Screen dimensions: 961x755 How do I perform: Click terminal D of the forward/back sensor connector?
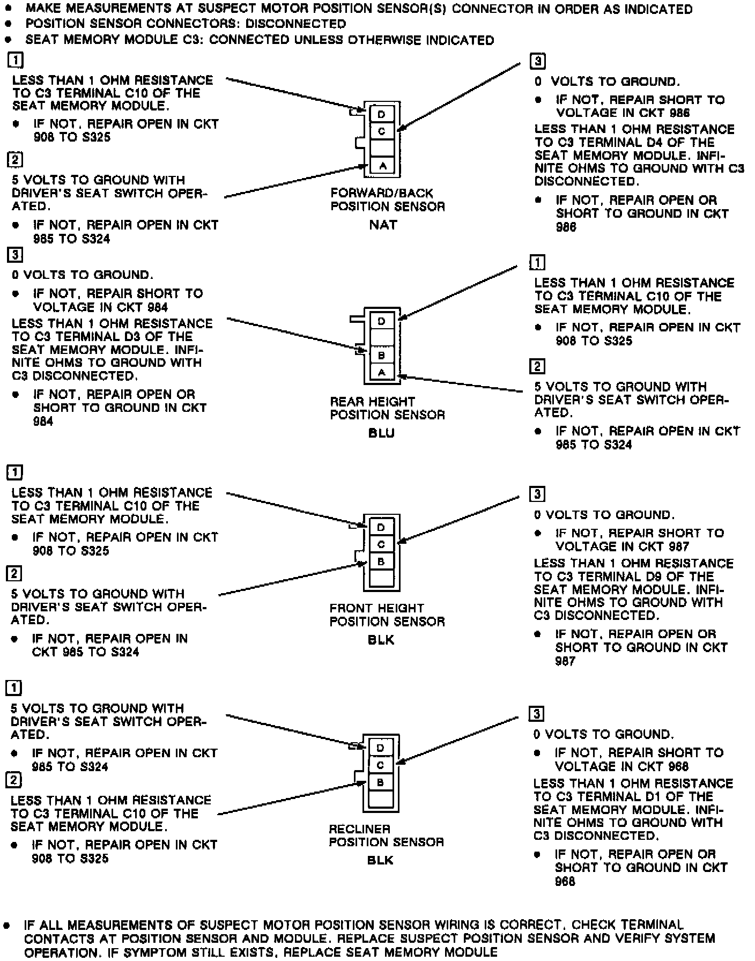[382, 114]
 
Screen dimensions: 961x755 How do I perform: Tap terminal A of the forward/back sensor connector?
[382, 166]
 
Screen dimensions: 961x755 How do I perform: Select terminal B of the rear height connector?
[382, 355]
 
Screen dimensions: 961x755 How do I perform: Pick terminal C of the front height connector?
[381, 544]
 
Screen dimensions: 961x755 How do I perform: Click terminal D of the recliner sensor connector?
[381, 748]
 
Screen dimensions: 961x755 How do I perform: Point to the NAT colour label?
[383, 225]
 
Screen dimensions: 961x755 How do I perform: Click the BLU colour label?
[382, 433]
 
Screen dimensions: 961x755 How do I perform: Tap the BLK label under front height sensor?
[381, 640]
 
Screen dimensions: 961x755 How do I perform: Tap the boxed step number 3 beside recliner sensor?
[536, 714]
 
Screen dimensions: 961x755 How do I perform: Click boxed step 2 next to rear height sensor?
[537, 366]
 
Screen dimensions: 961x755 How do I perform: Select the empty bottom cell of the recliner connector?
[381, 800]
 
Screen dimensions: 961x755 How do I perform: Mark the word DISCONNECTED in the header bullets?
[295, 24]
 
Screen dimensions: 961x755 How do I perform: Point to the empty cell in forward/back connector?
[382, 148]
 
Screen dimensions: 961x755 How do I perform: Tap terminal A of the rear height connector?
[382, 372]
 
